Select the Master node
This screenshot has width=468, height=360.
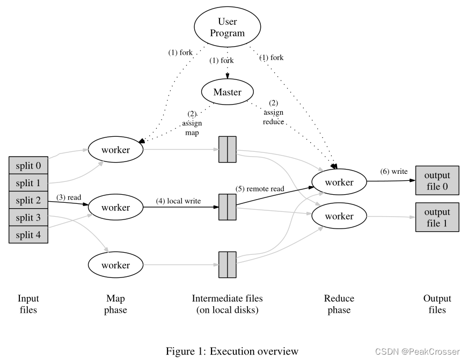coord(227,92)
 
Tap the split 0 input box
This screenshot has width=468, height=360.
coord(28,165)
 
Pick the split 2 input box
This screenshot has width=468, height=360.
coord(28,200)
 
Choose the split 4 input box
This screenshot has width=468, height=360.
coord(28,234)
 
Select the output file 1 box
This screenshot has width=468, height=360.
coord(437,216)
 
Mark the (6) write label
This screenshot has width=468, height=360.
coord(393,171)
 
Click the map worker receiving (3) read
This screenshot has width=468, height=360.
coord(116,208)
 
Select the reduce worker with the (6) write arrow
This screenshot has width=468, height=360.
coord(339,182)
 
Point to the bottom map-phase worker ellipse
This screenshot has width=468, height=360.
coord(116,265)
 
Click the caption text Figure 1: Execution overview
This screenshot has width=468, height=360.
coord(231,351)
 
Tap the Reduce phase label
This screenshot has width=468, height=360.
coord(339,304)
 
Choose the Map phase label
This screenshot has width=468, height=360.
coord(115,304)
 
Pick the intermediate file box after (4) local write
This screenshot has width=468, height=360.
coord(228,207)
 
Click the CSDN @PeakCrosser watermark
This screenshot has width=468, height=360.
coord(417,352)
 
